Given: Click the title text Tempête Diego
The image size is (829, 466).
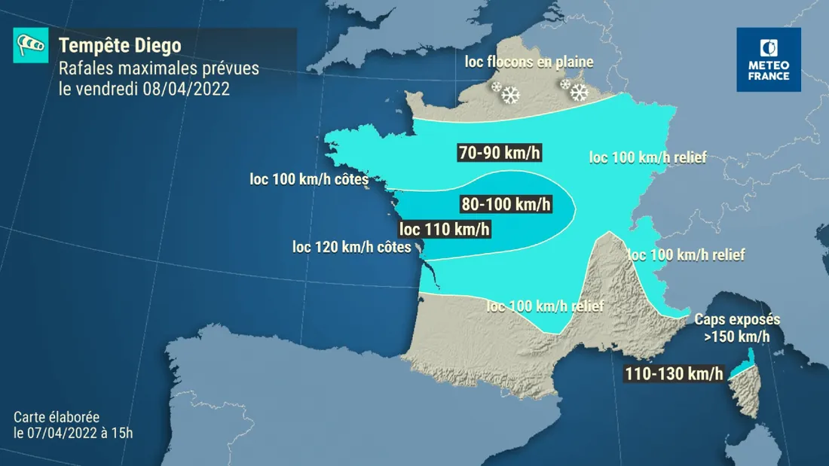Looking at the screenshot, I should pyautogui.click(x=120, y=45).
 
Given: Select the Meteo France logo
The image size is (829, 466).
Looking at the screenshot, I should pyautogui.click(x=769, y=59).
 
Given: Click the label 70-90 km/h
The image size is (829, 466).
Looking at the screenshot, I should pyautogui.click(x=500, y=153).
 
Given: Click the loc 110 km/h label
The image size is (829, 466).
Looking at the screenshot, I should pyautogui.click(x=445, y=229).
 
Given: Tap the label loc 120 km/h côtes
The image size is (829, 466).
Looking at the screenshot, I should pyautogui.click(x=352, y=246).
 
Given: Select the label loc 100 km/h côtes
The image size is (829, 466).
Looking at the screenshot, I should pyautogui.click(x=309, y=180).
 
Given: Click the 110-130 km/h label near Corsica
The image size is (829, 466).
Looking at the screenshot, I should pyautogui.click(x=674, y=373).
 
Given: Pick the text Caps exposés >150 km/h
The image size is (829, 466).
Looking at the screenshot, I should pyautogui.click(x=737, y=328).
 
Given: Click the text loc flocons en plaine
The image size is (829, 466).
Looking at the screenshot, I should pyautogui.click(x=529, y=62).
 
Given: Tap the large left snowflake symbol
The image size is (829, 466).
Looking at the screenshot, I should pyautogui.click(x=512, y=95).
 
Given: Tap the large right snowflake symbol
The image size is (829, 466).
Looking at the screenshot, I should pyautogui.click(x=579, y=93).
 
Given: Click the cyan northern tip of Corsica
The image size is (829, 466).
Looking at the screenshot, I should pyautogui.click(x=751, y=357).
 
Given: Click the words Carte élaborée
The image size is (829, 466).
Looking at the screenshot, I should pyautogui.click(x=56, y=417).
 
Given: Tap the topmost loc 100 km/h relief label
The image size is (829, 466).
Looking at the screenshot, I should pyautogui.click(x=647, y=157).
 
